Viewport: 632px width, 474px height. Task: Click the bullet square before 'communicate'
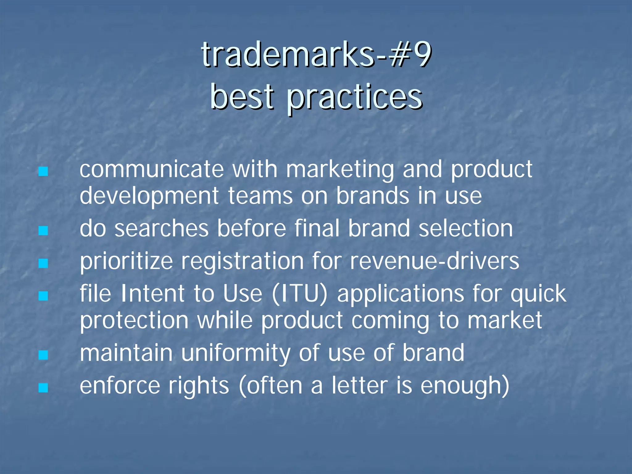click(43, 171)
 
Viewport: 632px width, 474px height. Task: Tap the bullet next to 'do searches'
click(43, 231)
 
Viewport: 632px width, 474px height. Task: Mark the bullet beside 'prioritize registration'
click(43, 263)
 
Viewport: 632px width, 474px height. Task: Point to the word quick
click(538, 294)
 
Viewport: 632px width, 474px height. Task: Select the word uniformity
click(235, 353)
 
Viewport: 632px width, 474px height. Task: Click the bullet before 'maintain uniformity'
click(43, 355)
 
